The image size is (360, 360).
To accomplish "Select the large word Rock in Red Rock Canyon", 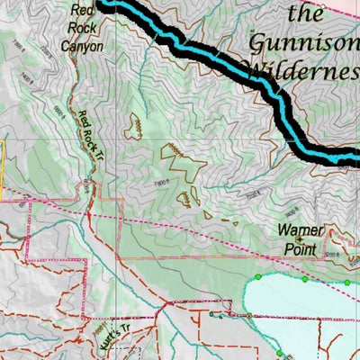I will tap(82, 29).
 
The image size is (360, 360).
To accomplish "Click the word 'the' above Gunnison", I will tap(305, 13).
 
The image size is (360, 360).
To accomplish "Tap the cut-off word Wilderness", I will tap(301, 70).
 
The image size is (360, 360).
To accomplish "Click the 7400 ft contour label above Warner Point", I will tap(256, 193).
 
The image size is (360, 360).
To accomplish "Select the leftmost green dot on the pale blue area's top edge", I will tap(258, 276).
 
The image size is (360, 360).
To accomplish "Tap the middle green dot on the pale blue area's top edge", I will tap(305, 279).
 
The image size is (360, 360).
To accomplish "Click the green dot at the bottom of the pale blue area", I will tap(280, 353).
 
